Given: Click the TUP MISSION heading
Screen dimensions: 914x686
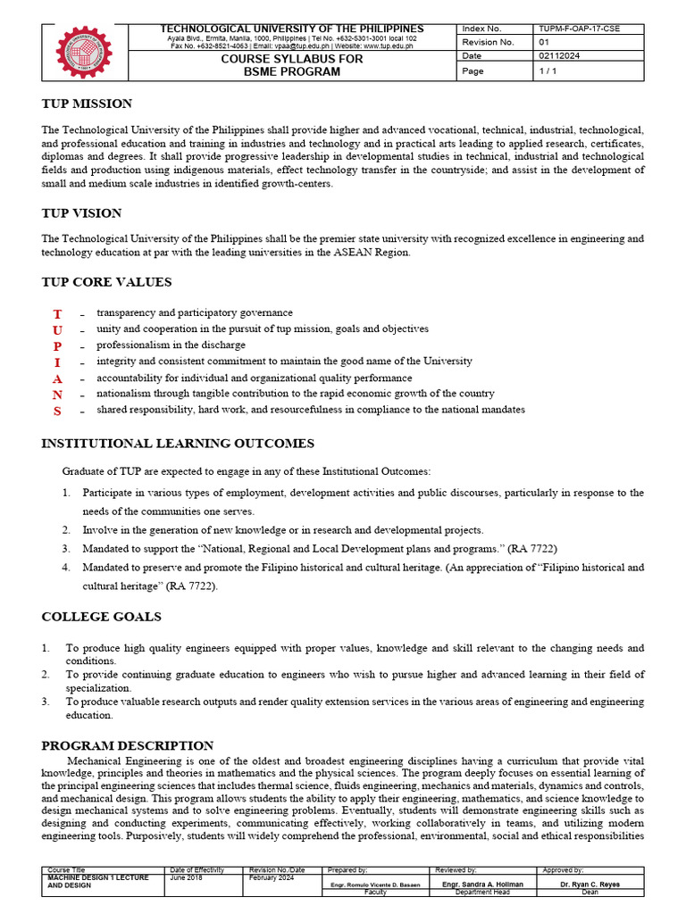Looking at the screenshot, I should (x=87, y=104).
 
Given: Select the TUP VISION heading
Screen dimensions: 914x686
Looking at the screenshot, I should (x=81, y=213).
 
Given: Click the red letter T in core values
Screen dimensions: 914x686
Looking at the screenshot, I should (x=57, y=314).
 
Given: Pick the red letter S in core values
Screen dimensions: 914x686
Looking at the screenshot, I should (x=57, y=411).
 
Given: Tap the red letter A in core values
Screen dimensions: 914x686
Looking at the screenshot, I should (x=57, y=378).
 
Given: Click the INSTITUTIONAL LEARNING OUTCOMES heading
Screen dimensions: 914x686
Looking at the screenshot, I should (x=178, y=444).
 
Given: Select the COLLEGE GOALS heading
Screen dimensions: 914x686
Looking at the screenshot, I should (x=101, y=617).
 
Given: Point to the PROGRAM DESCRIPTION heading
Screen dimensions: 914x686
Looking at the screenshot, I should (x=128, y=745).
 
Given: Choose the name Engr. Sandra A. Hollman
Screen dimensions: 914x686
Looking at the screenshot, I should (x=483, y=884).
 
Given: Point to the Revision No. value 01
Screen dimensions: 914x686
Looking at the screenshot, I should (x=544, y=42).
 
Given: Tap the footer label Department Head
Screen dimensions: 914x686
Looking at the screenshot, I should (x=483, y=891).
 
